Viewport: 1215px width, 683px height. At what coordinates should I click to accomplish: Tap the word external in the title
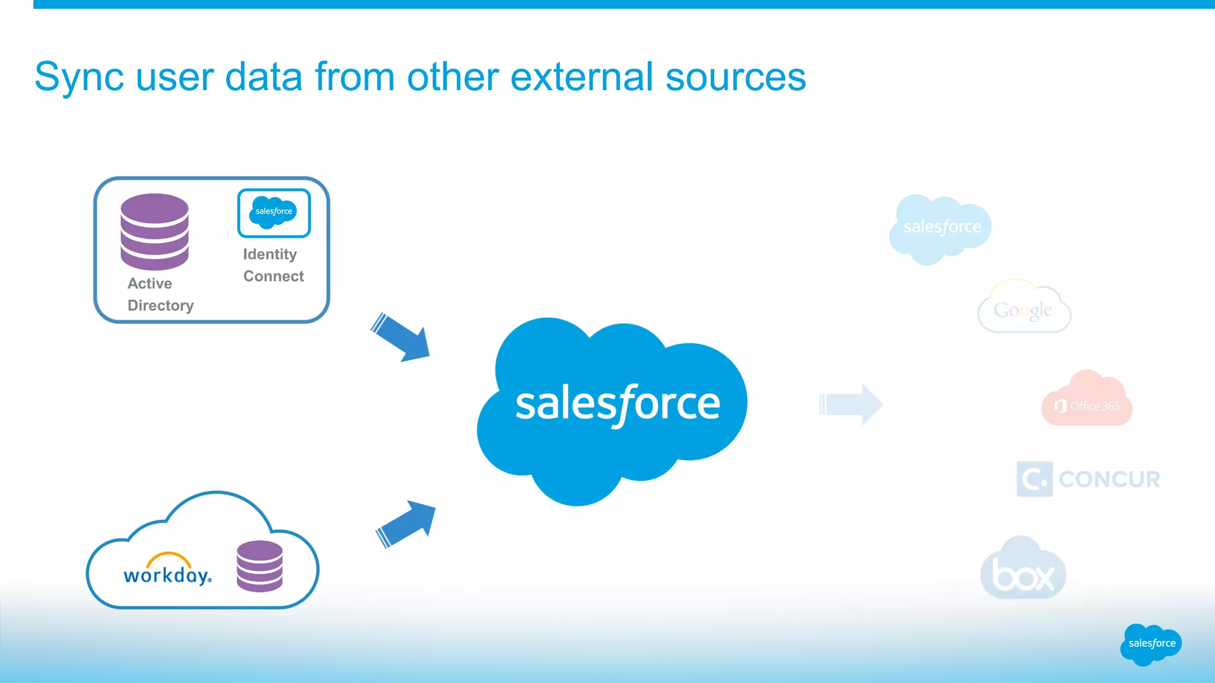pos(581,77)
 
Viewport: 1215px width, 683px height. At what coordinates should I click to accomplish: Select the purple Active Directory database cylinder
pos(154,231)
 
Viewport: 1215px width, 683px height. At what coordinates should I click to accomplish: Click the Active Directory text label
pos(160,294)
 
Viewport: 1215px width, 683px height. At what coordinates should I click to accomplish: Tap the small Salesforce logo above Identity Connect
pos(273,212)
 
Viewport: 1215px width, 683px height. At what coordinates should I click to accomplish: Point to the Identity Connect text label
pos(273,265)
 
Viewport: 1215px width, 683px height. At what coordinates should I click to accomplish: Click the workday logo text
pos(167,574)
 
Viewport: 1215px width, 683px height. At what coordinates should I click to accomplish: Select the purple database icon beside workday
pos(259,566)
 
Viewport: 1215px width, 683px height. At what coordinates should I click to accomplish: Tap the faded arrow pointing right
pos(851,404)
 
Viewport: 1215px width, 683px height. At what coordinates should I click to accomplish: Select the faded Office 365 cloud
pos(1087,401)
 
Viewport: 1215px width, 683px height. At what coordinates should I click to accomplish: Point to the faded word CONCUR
pos(1109,479)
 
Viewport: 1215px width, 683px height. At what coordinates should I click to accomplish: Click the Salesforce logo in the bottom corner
pos(1151,644)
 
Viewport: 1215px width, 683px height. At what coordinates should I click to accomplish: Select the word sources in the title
pos(735,77)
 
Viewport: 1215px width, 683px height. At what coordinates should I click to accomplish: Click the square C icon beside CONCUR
pos(1034,479)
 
